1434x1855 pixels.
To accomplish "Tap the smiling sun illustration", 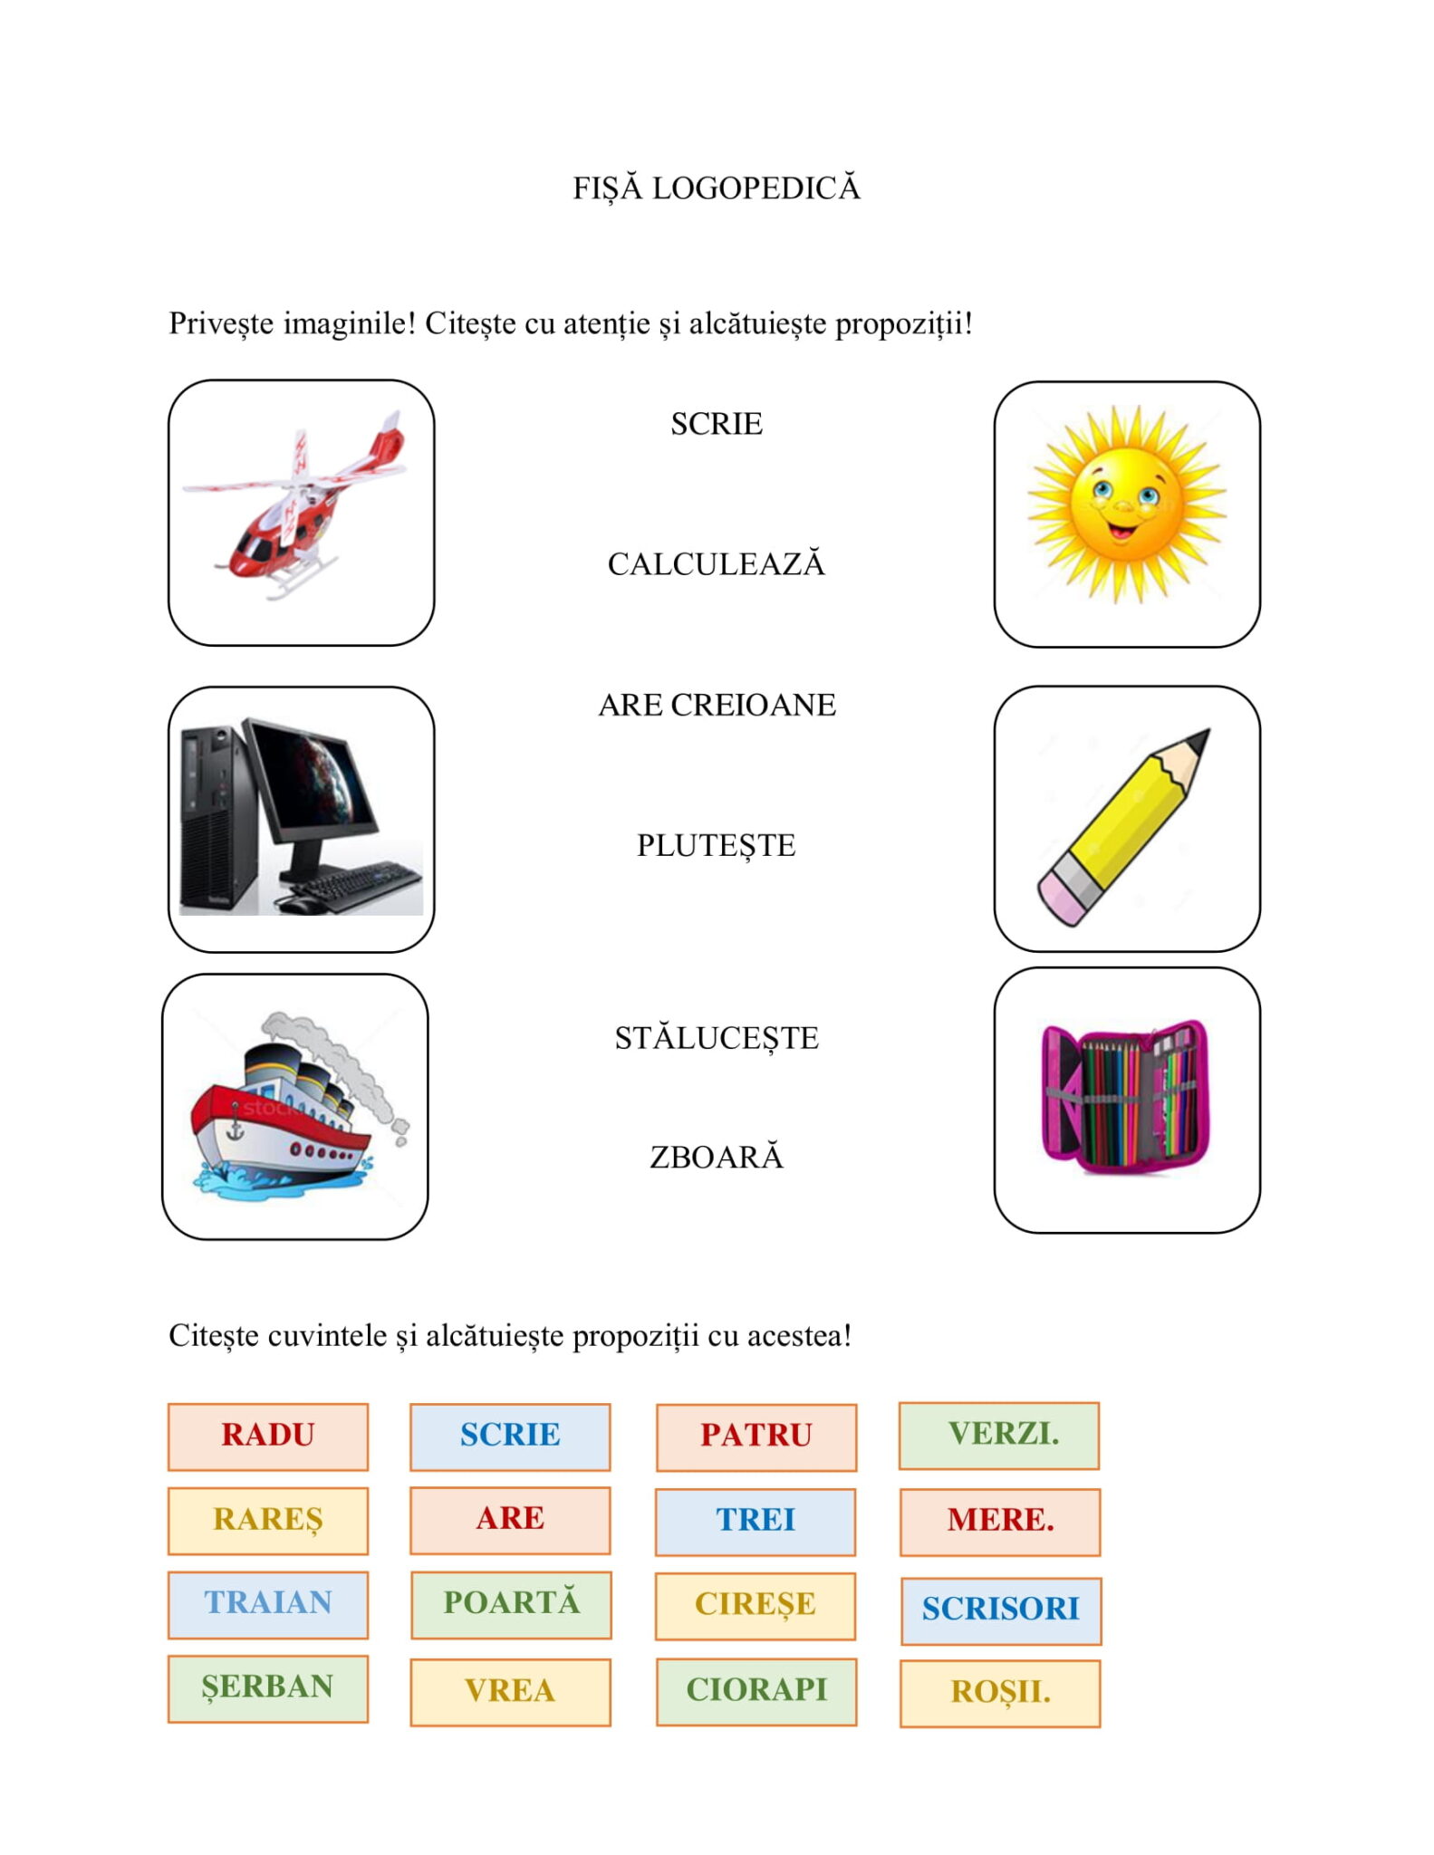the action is [1126, 504].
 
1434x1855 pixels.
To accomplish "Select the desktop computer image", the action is [301, 818].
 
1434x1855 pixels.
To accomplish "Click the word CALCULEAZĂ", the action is [716, 564].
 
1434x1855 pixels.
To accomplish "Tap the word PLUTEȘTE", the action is [716, 846].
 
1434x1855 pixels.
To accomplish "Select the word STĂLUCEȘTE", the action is [716, 1038].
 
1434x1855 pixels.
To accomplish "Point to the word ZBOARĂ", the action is [716, 1158].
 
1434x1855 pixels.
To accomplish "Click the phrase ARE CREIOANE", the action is [716, 705].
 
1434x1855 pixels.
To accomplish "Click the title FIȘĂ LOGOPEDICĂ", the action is [716, 188].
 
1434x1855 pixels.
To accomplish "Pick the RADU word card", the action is [268, 1436].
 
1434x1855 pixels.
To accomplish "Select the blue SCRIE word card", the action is [510, 1436].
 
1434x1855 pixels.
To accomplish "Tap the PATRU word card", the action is [755, 1436].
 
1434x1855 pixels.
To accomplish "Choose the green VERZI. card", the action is [999, 1435].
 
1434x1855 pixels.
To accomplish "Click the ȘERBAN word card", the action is [268, 1687].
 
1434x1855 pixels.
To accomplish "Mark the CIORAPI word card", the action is [755, 1690].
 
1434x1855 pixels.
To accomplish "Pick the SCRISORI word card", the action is [1000, 1610].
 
